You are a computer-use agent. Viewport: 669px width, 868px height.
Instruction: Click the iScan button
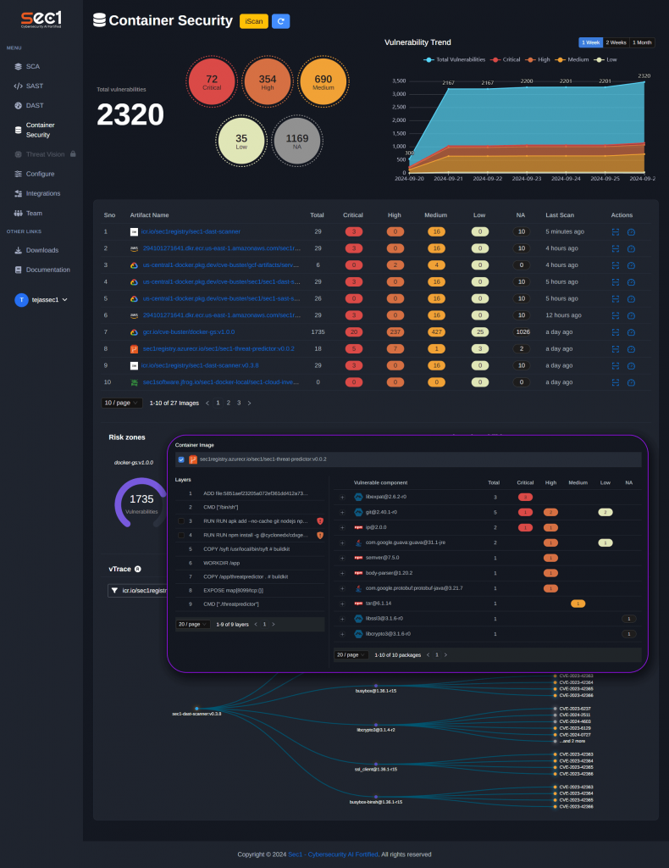click(x=253, y=21)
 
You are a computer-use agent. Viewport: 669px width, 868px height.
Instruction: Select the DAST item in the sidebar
click(x=34, y=105)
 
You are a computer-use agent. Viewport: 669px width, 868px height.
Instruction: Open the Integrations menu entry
click(x=42, y=193)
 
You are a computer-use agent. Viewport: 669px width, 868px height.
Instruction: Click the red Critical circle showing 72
click(x=212, y=82)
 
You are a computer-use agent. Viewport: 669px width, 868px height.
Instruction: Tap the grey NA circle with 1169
click(x=297, y=141)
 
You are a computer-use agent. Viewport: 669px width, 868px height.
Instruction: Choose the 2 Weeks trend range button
click(x=616, y=42)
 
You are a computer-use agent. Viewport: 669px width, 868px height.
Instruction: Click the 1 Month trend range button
click(x=642, y=42)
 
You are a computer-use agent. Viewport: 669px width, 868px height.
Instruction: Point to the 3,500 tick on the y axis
click(x=399, y=81)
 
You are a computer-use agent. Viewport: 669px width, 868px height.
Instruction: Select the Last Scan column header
click(x=561, y=215)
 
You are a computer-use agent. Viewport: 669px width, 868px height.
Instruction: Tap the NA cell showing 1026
click(x=522, y=331)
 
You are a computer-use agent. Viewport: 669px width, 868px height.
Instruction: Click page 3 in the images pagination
click(x=239, y=403)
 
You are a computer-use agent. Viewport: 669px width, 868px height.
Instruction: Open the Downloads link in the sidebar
click(x=42, y=250)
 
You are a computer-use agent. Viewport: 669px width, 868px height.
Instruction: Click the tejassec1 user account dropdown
click(x=41, y=299)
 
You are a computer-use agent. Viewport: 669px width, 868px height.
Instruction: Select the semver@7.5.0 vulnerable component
click(x=382, y=558)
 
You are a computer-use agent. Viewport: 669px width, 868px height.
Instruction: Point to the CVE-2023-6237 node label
click(x=575, y=709)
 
